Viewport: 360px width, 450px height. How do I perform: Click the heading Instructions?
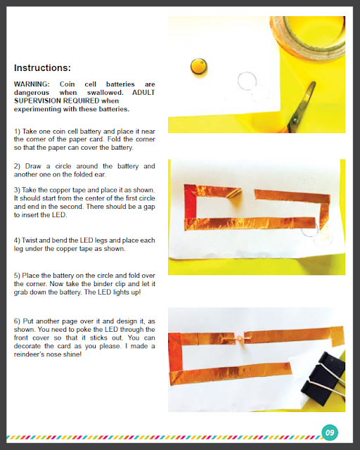tap(42, 67)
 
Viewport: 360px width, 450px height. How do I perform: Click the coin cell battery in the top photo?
tap(199, 67)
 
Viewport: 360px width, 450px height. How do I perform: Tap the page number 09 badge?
tap(330, 432)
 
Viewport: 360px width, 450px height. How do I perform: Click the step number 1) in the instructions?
tap(17, 131)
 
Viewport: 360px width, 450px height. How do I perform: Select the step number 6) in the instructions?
tap(17, 321)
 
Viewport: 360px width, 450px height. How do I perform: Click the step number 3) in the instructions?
tap(17, 190)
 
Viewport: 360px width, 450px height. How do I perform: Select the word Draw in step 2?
tap(32, 166)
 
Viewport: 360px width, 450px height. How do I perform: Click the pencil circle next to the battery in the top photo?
tap(247, 81)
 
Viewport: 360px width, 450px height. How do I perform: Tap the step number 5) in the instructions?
tap(17, 276)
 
